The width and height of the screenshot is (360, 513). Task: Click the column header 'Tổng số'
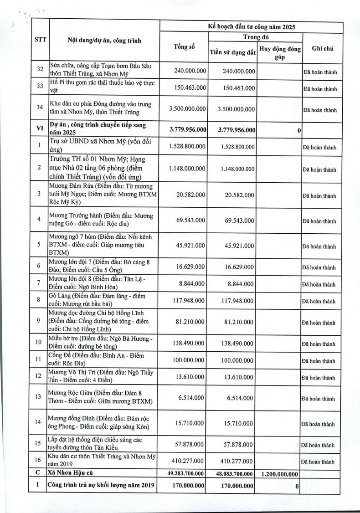184,46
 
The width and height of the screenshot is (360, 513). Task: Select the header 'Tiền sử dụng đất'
232,52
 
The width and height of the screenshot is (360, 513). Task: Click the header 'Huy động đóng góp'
280,53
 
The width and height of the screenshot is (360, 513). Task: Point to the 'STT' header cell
40,40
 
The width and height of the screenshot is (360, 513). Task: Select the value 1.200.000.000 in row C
280,474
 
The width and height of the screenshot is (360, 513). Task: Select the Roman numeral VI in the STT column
40,129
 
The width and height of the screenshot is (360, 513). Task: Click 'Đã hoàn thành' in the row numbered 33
320,89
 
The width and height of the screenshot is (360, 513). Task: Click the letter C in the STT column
40,473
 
